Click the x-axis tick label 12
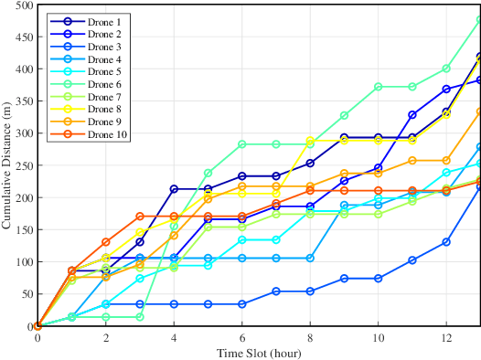(x=445, y=338)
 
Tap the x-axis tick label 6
(x=241, y=338)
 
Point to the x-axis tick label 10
(x=378, y=338)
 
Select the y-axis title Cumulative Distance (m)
(x=7, y=164)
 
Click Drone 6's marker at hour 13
(x=479, y=19)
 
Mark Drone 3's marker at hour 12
(x=446, y=242)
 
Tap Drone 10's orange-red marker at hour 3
(x=140, y=217)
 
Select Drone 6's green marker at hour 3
(x=140, y=317)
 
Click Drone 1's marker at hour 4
(x=174, y=189)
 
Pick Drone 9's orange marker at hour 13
(x=479, y=111)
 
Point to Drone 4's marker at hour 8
(x=310, y=258)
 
